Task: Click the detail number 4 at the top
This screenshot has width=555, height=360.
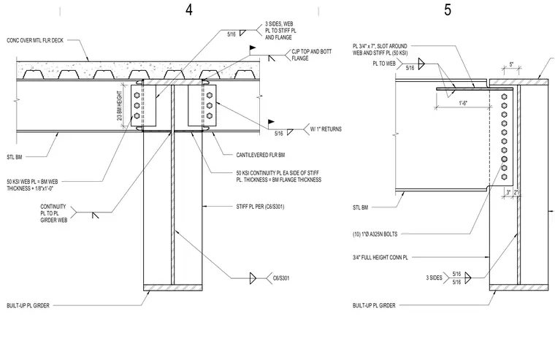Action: click(x=189, y=9)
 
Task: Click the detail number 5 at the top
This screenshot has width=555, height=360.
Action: click(x=448, y=9)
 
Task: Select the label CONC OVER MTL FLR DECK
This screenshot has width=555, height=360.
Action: click(x=35, y=41)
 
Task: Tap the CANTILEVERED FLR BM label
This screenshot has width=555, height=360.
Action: click(x=261, y=155)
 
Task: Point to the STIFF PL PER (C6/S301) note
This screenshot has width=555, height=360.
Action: click(x=260, y=207)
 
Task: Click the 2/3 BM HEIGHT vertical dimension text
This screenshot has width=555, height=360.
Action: click(x=119, y=105)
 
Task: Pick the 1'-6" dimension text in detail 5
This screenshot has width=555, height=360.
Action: click(x=463, y=103)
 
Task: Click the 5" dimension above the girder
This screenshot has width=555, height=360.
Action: click(x=511, y=65)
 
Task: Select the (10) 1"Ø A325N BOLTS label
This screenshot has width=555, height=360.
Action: click(x=375, y=234)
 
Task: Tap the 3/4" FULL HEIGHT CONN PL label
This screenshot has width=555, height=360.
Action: click(x=380, y=257)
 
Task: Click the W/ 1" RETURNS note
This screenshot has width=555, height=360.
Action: click(x=326, y=129)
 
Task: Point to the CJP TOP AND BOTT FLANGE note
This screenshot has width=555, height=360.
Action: click(x=312, y=55)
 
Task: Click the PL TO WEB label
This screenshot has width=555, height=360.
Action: click(x=384, y=64)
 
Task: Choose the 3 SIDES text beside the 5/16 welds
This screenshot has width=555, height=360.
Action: click(x=434, y=277)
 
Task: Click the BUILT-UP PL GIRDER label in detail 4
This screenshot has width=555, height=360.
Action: click(x=28, y=305)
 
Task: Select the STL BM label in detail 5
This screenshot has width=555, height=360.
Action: click(x=360, y=207)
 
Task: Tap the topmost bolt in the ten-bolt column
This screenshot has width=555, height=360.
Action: click(x=505, y=96)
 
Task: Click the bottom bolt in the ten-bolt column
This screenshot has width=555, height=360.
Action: click(x=505, y=177)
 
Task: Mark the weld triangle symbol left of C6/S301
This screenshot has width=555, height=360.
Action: click(x=253, y=278)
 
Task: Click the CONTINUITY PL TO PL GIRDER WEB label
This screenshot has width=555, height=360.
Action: click(x=53, y=213)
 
